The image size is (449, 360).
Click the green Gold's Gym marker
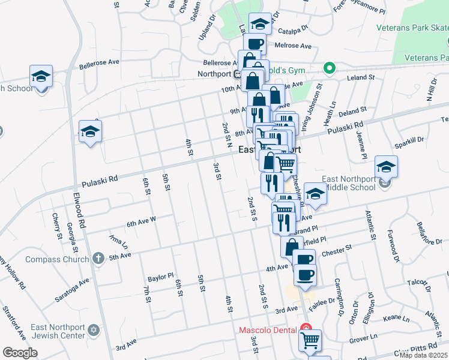pyautogui.click(x=329, y=68)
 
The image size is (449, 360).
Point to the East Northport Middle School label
pyautogui.click(x=340, y=182)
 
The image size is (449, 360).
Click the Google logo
pyautogui.click(x=20, y=353)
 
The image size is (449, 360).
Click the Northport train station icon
pyautogui.click(x=238, y=74)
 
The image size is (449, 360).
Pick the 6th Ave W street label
pyautogui.click(x=141, y=223)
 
